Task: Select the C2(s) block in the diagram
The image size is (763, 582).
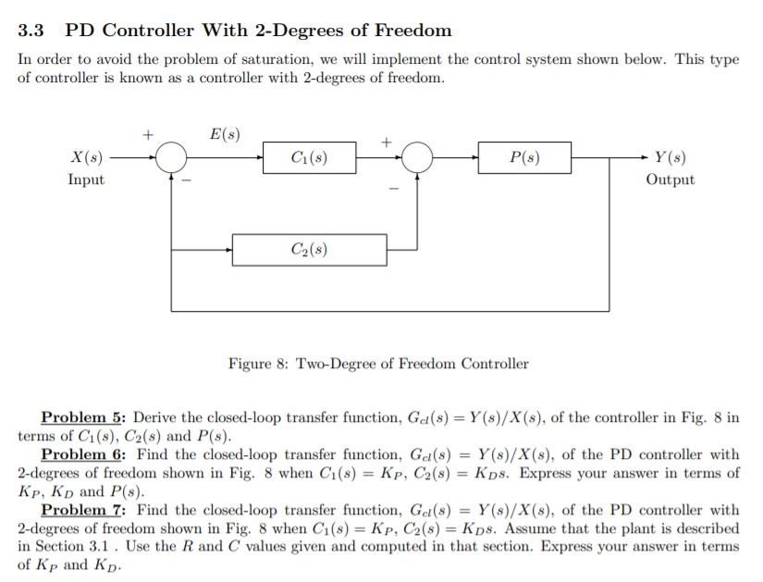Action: (309, 250)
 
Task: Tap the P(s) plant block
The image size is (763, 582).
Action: (524, 158)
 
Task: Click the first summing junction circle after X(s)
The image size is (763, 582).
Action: (171, 158)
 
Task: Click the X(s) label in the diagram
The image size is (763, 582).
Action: (87, 158)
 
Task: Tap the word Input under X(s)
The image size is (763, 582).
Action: (86, 180)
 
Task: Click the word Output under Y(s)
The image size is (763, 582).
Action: (670, 180)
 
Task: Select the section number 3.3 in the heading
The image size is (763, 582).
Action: (31, 31)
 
